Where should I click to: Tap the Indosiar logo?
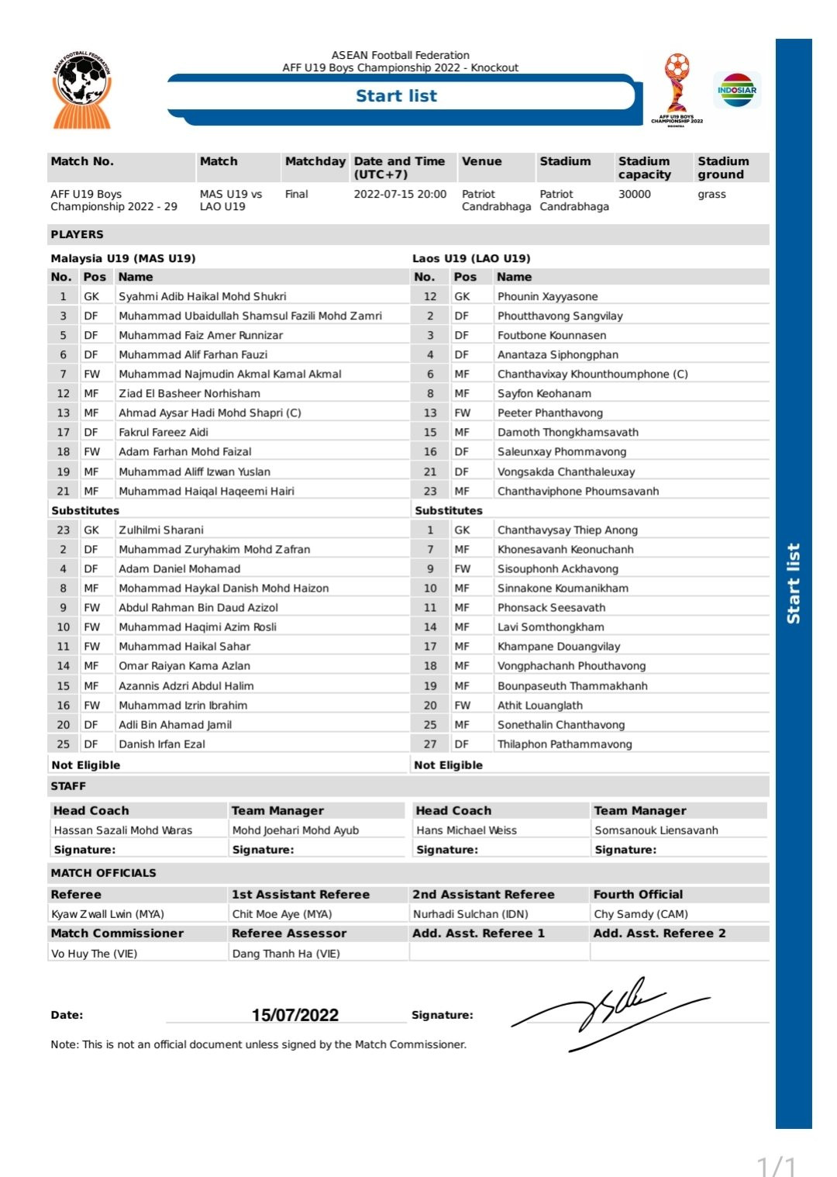737,90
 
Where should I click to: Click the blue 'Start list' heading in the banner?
396,96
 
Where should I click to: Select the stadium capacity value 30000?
634,194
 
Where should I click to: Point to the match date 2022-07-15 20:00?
400,194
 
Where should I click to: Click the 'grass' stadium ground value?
711,194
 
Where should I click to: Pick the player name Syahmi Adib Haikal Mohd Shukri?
202,296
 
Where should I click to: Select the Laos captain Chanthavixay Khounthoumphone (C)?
592,374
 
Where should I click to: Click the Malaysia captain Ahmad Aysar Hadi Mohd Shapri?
209,412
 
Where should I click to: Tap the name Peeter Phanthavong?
549,412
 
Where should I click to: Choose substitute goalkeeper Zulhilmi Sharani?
161,530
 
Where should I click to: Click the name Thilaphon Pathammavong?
564,744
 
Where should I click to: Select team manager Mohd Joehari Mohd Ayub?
295,830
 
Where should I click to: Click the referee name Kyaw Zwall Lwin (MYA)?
108,914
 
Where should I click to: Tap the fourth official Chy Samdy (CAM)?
641,914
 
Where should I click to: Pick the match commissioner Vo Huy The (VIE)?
94,954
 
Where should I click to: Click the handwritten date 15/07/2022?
295,1015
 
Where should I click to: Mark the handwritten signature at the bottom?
612,1012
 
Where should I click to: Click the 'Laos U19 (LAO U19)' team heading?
471,258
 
